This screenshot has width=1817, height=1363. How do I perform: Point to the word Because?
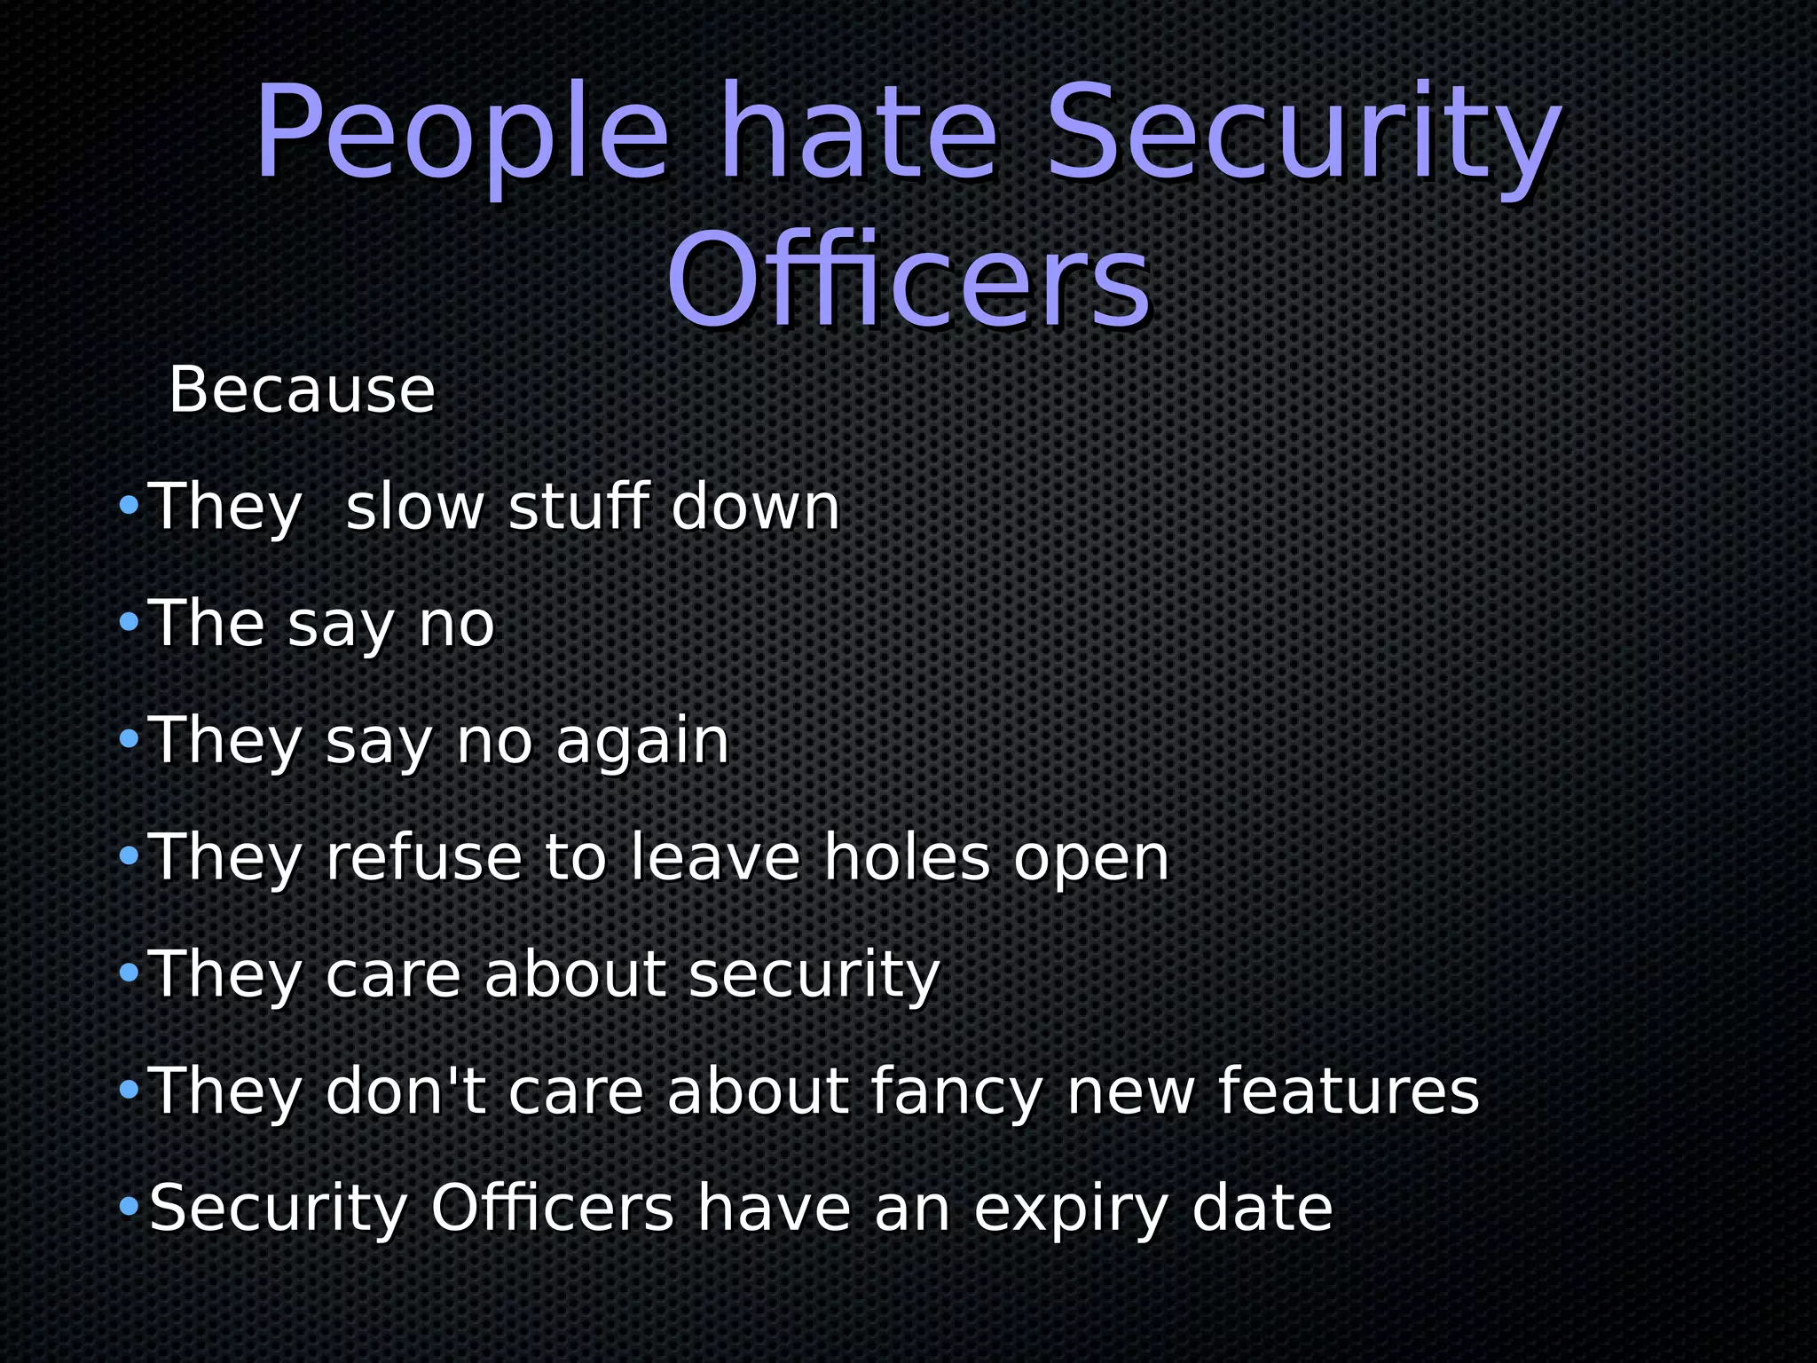[x=302, y=390]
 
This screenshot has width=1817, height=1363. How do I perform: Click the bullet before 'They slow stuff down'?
[x=130, y=507]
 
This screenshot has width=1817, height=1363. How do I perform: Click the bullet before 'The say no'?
[x=130, y=623]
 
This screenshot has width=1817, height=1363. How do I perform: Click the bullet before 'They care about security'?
[x=130, y=973]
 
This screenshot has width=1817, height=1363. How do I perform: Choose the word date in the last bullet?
[x=1262, y=1208]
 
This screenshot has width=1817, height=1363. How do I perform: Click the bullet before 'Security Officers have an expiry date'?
[x=130, y=1207]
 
